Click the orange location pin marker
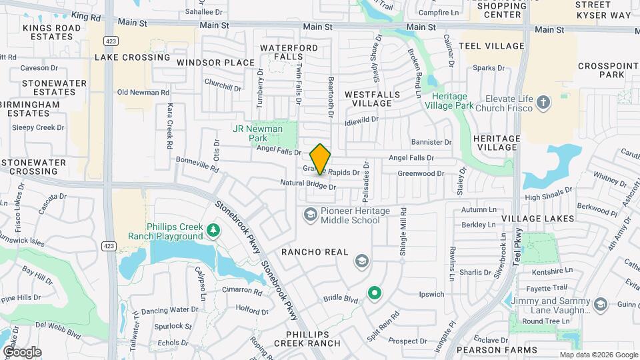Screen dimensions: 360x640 point(321,159)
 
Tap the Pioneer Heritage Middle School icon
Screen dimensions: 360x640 point(310,214)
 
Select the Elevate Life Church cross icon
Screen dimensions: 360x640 point(544,103)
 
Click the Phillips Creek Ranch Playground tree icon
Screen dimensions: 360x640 point(213,231)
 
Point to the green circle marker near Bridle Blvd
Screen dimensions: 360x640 point(375,292)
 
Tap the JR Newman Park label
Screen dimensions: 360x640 point(257,133)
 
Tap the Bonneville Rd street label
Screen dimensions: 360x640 point(197,164)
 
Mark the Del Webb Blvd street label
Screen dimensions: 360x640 point(59,326)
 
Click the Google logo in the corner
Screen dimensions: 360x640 point(22,351)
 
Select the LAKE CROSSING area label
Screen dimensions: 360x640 point(132,57)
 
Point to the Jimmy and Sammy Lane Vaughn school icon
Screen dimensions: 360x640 point(601,305)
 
